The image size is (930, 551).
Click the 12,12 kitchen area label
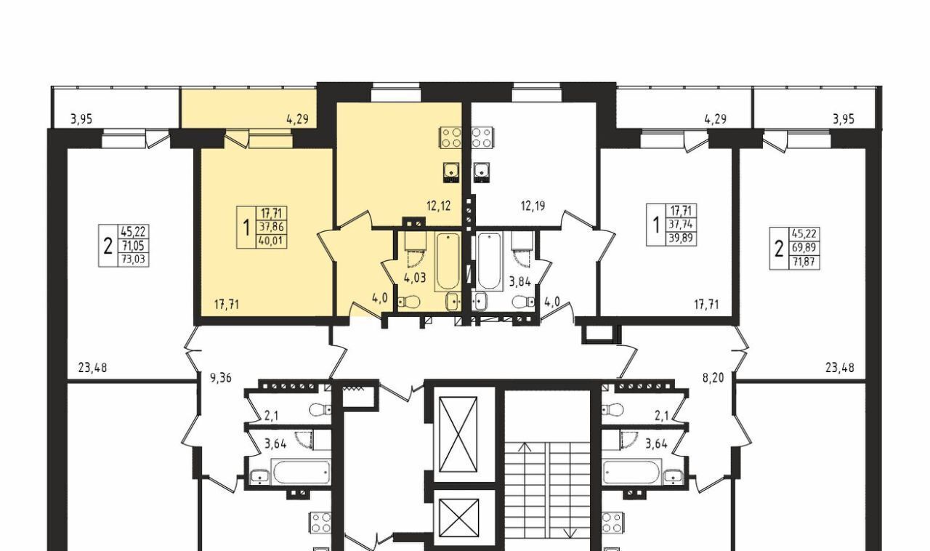pyautogui.click(x=438, y=206)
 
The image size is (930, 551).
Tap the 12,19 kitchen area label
pyautogui.click(x=533, y=206)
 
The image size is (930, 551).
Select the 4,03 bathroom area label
pyautogui.click(x=415, y=278)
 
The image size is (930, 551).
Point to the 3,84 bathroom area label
pyautogui.click(x=519, y=282)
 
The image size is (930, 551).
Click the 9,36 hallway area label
pyautogui.click(x=220, y=378)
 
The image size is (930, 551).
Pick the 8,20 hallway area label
pyautogui.click(x=713, y=378)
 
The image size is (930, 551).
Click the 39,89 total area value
pyautogui.click(x=681, y=239)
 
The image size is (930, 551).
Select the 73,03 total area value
pyautogui.click(x=134, y=260)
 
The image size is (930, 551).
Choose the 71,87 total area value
pyautogui.click(x=804, y=262)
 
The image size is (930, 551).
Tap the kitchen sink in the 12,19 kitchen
pyautogui.click(x=481, y=172)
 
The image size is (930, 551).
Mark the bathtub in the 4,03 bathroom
pyautogui.click(x=448, y=261)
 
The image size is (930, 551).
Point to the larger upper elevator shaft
pyautogui.click(x=458, y=434)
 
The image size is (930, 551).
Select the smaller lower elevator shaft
pyautogui.click(x=458, y=518)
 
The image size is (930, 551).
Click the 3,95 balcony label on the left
pyautogui.click(x=81, y=120)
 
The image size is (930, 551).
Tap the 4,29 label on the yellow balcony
pyautogui.click(x=297, y=120)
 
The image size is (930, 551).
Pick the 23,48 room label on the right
pyautogui.click(x=839, y=368)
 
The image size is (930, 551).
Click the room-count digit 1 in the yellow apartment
pyautogui.click(x=246, y=228)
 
